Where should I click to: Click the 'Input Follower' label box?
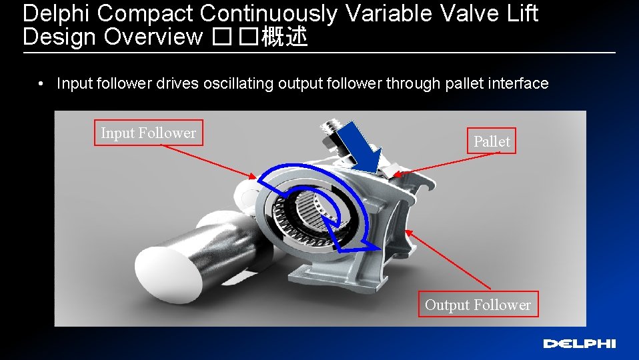pos(148,133)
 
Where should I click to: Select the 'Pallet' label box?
pos(492,141)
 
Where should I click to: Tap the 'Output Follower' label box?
pos(478,305)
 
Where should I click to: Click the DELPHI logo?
pos(579,344)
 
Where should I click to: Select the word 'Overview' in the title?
pos(153,38)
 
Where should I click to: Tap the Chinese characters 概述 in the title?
pos(284,38)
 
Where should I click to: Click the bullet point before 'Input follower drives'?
pos(41,84)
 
